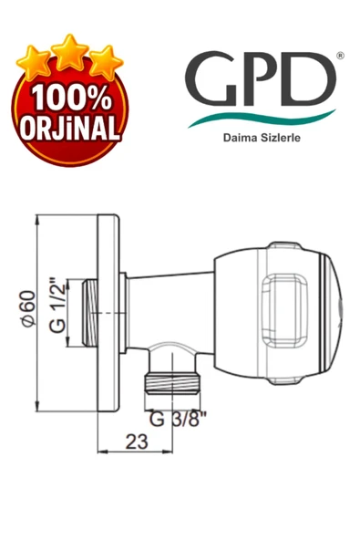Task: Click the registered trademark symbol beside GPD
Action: (340, 56)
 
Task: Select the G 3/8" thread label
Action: (178, 421)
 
